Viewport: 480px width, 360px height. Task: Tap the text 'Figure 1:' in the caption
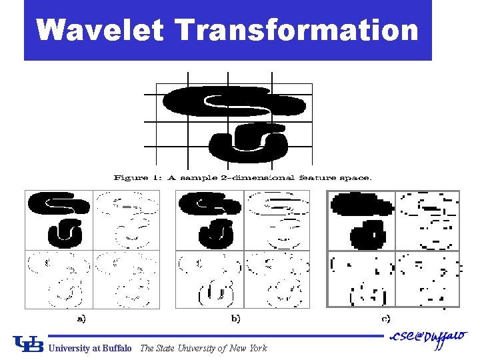tap(136, 178)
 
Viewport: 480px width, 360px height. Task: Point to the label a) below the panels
tap(81, 319)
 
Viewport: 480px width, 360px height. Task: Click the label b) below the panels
tap(235, 319)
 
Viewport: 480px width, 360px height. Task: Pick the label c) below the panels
tap(386, 319)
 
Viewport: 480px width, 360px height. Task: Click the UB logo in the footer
tap(27, 345)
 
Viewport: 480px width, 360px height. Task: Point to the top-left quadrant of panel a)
tap(59, 220)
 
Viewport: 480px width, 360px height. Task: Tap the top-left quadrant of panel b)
tap(209, 220)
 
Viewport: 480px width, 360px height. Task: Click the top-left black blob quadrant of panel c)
tap(361, 220)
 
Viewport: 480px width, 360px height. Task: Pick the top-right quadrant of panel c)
tap(427, 220)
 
